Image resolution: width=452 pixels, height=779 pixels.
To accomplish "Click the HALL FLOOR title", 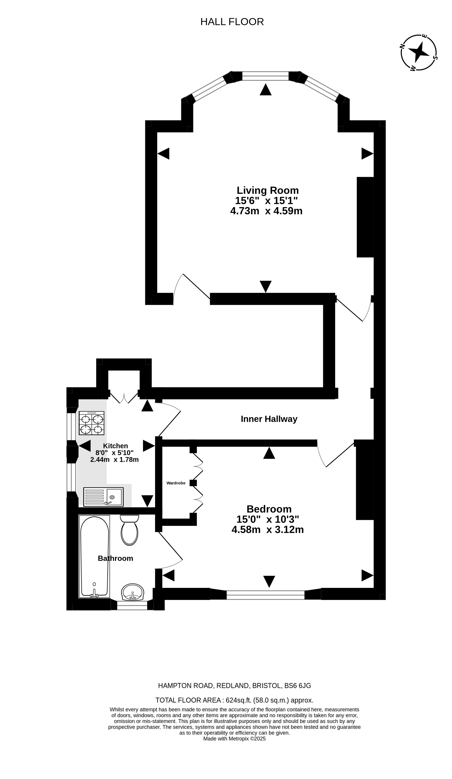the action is click(x=232, y=22).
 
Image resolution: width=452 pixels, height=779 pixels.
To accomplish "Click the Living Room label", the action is click(x=267, y=190).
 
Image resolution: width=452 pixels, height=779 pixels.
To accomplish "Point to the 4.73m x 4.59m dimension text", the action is click(x=266, y=211).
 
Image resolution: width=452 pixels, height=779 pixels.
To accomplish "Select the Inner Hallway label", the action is click(x=269, y=419).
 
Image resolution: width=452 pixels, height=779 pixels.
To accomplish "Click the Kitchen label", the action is click(x=115, y=446).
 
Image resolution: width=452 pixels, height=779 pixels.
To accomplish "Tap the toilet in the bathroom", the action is click(x=129, y=530).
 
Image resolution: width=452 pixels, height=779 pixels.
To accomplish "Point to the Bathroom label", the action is click(x=115, y=558).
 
